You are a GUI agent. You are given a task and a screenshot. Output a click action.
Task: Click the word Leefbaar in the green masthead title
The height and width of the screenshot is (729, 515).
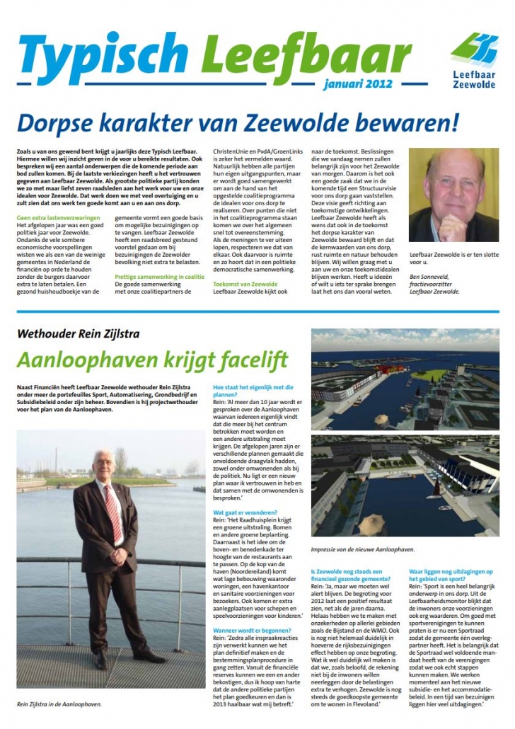click(x=306, y=54)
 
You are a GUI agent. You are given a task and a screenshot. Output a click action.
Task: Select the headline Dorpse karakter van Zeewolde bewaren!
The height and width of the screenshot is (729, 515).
click(x=238, y=122)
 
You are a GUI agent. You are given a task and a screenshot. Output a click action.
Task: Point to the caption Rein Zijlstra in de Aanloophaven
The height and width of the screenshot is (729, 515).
click(x=60, y=704)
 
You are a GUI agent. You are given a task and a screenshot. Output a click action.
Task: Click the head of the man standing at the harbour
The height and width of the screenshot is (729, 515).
click(x=103, y=463)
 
